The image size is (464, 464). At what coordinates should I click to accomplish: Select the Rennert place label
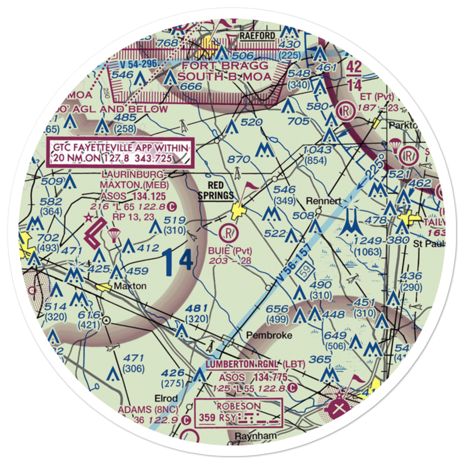pos(324,201)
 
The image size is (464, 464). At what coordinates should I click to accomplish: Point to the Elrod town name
pos(166,399)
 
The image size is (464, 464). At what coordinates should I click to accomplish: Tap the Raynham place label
pos(255,436)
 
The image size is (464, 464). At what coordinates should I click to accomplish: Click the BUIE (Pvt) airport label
pos(230,251)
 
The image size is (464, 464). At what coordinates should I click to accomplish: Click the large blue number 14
pos(178,261)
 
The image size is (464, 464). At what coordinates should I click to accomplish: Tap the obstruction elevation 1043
pos(318,150)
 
